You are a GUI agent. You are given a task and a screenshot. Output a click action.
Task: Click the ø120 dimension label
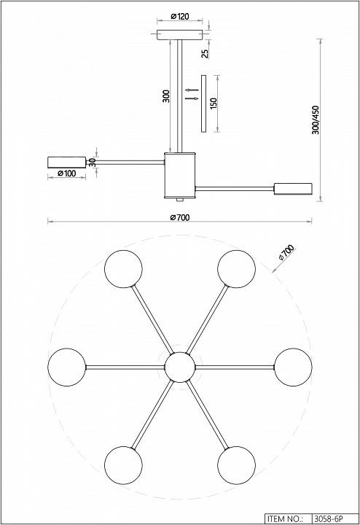pyautogui.click(x=180, y=16)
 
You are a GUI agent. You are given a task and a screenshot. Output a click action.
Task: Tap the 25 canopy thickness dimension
pyautogui.click(x=205, y=53)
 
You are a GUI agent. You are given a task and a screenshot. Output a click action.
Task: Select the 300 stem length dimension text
pyautogui.click(x=166, y=96)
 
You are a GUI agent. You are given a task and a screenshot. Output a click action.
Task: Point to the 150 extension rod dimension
pyautogui.click(x=214, y=103)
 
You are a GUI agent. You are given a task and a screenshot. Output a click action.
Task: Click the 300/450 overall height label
pyautogui.click(x=316, y=120)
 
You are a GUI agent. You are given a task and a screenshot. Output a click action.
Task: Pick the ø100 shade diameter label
pyautogui.click(x=66, y=173)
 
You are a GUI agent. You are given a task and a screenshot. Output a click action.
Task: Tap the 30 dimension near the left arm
pyautogui.click(x=93, y=163)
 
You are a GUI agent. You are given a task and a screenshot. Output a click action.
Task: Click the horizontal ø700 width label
pyautogui.click(x=180, y=217)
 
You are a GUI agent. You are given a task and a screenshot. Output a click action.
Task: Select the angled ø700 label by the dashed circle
pyautogui.click(x=286, y=252)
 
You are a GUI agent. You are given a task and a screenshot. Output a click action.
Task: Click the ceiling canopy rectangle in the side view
pyautogui.click(x=180, y=35)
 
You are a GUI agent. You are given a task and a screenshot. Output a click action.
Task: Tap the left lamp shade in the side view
pyautogui.click(x=66, y=162)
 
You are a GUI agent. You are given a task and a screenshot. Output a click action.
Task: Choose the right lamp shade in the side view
pyautogui.click(x=293, y=189)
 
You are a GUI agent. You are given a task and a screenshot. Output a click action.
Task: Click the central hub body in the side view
pyautogui.click(x=180, y=175)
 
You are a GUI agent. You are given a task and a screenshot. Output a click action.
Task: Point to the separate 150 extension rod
pyautogui.click(x=203, y=104)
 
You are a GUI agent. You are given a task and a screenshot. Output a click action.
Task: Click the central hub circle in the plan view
pyautogui.click(x=180, y=367)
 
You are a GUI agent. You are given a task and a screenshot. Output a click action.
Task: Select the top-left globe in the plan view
pyautogui.click(x=123, y=269)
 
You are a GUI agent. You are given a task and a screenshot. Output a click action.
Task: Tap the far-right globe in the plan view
pyautogui.click(x=293, y=367)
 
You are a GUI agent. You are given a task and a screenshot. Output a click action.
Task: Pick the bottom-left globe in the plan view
pyautogui.click(x=123, y=465)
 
